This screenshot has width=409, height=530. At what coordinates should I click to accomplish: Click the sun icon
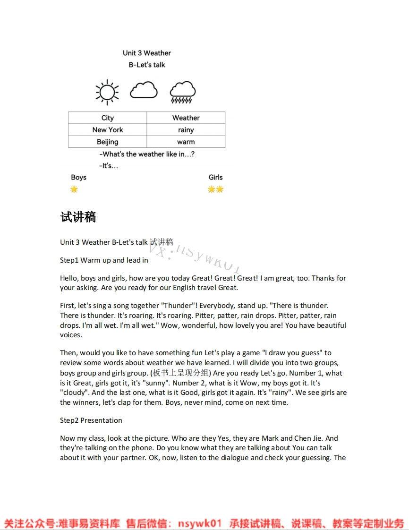[x=107, y=92]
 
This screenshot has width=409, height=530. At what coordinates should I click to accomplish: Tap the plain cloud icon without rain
[x=144, y=90]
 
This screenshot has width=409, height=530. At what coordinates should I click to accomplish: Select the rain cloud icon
[x=182, y=92]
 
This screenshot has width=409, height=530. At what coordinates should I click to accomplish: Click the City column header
[x=108, y=118]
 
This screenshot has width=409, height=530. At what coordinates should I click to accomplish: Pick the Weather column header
[x=186, y=118]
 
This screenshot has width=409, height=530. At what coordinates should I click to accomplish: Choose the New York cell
[x=108, y=130]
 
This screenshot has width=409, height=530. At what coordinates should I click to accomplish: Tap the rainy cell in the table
[x=186, y=130]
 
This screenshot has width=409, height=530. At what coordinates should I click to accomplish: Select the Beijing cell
[x=108, y=142]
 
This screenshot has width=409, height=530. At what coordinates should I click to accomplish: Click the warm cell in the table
[x=186, y=142]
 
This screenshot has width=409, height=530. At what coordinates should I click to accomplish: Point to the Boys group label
[x=79, y=178]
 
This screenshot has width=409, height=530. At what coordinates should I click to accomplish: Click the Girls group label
[x=215, y=178]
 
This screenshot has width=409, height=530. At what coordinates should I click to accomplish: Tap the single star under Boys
[x=74, y=189]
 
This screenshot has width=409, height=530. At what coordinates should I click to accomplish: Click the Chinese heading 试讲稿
[x=78, y=217]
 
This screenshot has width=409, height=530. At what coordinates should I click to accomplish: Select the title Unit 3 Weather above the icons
[x=147, y=53]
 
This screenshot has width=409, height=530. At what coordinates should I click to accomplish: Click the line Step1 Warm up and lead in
[x=104, y=260]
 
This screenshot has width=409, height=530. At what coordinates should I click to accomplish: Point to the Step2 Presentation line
[x=91, y=420]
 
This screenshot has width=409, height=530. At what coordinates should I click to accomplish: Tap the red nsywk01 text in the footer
[x=199, y=523]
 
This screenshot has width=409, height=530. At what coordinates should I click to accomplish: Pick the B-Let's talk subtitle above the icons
[x=147, y=65]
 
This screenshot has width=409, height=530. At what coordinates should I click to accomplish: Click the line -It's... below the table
[x=109, y=166]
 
